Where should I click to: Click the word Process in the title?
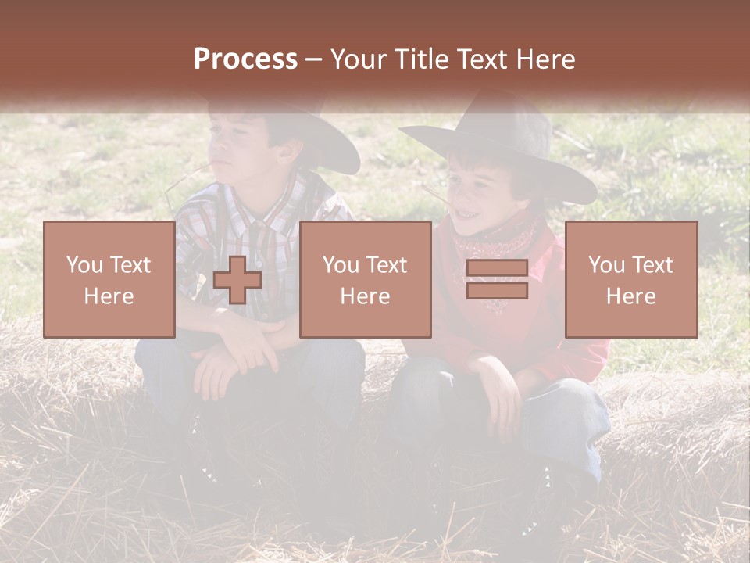245,59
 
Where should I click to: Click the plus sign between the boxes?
237,280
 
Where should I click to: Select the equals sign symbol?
497,279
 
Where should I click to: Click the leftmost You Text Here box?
109,280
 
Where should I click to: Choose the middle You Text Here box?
365,280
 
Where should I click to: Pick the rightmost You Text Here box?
631,280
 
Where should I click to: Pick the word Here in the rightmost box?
630,296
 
